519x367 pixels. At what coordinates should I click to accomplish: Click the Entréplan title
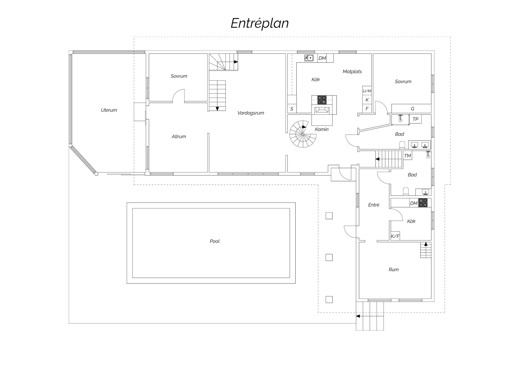point(259,23)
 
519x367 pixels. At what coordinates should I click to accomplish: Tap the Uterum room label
point(109,110)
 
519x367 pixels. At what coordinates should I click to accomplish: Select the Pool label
point(215,241)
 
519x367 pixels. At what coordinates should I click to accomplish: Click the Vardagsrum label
point(251,113)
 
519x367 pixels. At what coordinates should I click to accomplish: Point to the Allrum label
point(179,137)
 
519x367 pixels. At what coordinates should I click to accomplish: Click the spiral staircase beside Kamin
point(303,134)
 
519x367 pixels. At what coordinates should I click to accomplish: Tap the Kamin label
point(322,129)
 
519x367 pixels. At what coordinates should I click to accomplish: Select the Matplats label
point(352,72)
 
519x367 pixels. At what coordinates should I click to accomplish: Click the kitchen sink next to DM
point(309,58)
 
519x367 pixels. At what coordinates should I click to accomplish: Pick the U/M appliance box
point(367,91)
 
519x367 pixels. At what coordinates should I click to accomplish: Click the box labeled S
point(292,109)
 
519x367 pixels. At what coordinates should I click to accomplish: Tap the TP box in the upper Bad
point(415,119)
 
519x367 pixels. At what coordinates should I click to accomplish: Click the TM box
point(408,156)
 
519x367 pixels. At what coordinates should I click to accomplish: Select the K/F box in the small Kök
point(395,236)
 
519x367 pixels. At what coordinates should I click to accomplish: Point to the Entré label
point(374,205)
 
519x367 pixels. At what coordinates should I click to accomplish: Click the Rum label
point(394,270)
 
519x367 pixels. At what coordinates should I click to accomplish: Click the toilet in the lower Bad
point(406,191)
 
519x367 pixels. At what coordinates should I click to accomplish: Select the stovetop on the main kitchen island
point(322,100)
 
